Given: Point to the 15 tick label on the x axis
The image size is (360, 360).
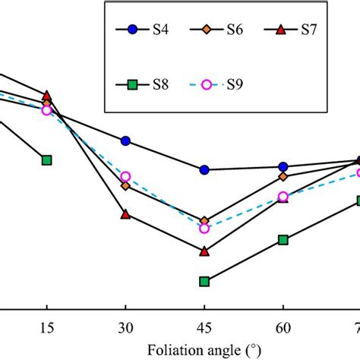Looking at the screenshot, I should click(x=47, y=329).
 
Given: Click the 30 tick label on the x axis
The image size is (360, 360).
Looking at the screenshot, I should click(x=125, y=329).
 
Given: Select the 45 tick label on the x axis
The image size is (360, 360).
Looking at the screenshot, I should click(x=204, y=329).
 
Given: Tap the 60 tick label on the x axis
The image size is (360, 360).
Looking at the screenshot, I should click(x=283, y=329).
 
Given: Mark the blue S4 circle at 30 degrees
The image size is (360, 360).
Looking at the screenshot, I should click(x=125, y=141).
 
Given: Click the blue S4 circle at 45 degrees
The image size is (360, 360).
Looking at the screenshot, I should click(x=204, y=170).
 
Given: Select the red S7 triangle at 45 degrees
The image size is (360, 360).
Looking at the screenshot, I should click(x=204, y=250).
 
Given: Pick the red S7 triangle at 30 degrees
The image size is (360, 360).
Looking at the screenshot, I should click(x=125, y=214).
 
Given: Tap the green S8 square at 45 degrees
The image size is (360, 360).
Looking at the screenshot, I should click(x=204, y=282).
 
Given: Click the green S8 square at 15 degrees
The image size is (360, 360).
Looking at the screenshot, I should click(x=47, y=160).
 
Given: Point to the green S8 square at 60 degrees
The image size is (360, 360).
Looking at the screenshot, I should click(x=283, y=240).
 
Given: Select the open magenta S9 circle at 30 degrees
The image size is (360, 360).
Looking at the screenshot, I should click(x=125, y=176).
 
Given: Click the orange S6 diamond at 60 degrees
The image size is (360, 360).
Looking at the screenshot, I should click(x=283, y=176).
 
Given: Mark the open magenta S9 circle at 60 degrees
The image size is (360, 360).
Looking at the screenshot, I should click(x=283, y=197).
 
